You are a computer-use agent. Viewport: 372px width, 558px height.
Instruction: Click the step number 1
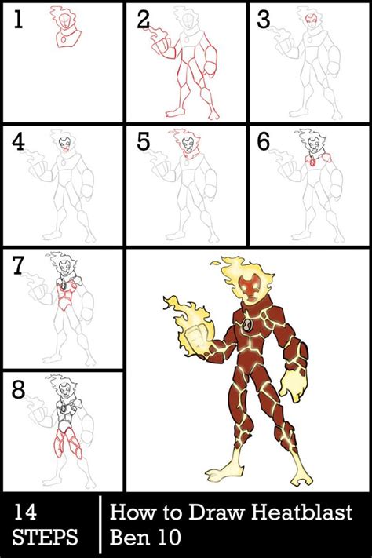coord(18,20)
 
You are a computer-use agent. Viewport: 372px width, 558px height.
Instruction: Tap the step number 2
coord(143,20)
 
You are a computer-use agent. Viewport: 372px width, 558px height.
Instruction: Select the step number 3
coord(264,20)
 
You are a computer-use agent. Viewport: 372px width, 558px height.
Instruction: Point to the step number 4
coord(18,142)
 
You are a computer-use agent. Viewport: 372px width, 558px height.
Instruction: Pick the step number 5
coord(143,142)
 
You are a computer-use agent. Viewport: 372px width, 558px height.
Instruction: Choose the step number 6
coord(264,142)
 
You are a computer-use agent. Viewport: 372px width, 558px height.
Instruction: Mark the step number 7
coord(18,266)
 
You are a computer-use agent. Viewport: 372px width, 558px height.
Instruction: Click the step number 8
coord(19,390)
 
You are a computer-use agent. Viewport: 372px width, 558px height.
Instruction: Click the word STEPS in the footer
coord(45,537)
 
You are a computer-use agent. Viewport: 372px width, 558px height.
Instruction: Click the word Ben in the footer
coord(127,537)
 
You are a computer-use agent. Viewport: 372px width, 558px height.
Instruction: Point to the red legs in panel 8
coord(67,443)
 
